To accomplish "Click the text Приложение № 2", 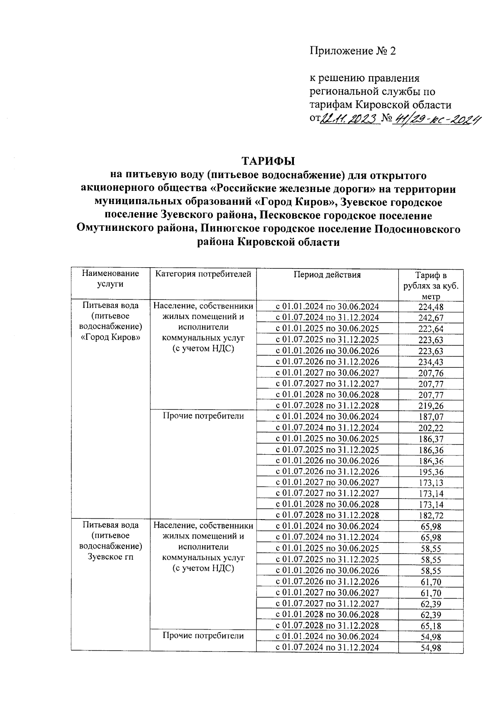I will click(353, 51).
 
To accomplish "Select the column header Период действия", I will click(327, 275).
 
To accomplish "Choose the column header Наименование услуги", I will click(110, 279).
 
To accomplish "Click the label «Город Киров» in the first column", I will click(110, 337).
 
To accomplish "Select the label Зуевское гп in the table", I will click(110, 557).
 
